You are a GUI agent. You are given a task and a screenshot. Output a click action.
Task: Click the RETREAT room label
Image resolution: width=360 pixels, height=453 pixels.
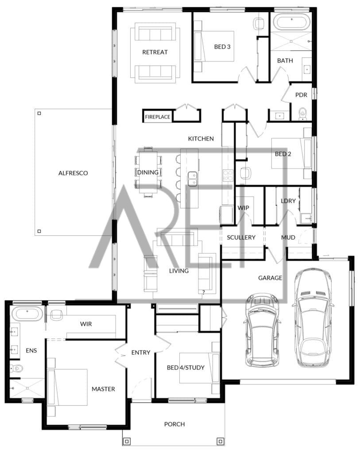(x=155, y=52)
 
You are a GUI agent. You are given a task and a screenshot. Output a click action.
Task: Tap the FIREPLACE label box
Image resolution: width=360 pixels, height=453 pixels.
(x=158, y=117)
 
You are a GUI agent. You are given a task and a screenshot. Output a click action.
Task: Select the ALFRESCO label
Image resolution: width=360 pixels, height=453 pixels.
(x=73, y=173)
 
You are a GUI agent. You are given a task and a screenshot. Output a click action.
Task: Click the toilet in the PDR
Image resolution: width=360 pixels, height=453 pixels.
(x=302, y=114)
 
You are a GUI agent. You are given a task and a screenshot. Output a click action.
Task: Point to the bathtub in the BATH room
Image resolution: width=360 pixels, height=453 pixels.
(x=291, y=23)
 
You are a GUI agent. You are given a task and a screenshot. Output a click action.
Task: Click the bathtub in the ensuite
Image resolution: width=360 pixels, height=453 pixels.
(x=27, y=315)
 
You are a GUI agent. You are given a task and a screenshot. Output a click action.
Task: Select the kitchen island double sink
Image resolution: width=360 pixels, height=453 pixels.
(x=192, y=179)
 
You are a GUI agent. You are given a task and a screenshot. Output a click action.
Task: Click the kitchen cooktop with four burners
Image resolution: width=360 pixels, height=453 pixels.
(x=228, y=176)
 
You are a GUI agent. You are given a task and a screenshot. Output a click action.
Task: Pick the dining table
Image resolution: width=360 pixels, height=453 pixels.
(x=148, y=172)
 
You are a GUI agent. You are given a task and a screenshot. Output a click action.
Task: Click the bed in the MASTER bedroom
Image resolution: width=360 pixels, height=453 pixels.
(x=67, y=387)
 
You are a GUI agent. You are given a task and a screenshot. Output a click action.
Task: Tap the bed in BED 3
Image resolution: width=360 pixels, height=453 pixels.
(x=214, y=46)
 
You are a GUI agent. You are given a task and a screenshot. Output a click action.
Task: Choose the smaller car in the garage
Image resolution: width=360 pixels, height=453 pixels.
(x=262, y=330)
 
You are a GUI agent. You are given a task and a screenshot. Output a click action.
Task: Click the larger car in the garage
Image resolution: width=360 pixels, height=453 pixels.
(x=313, y=318)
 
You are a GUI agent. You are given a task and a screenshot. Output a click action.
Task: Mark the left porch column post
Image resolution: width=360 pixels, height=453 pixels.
(x=127, y=441)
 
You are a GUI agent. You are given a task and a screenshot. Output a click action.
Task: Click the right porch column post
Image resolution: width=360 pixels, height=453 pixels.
(x=221, y=441)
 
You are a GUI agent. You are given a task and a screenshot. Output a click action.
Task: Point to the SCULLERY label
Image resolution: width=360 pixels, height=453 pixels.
(x=241, y=238)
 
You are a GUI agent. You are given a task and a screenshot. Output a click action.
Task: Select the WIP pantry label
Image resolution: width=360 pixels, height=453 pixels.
(x=243, y=208)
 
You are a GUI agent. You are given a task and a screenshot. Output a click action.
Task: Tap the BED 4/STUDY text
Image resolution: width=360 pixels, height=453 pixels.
(x=186, y=368)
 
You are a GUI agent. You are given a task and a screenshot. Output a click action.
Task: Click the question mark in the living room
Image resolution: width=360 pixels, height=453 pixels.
(x=204, y=292)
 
